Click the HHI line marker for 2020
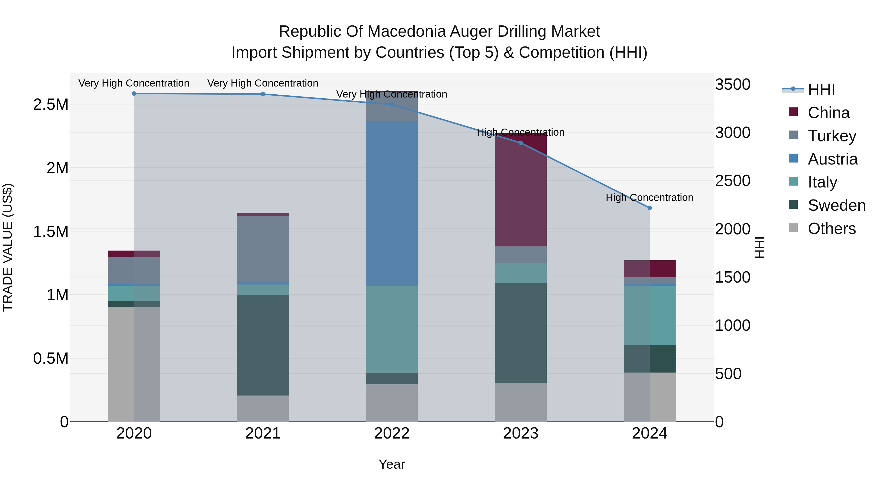coord(134,94)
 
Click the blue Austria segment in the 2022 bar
coord(392,203)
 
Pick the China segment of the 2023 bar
coord(521,191)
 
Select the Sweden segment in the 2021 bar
coord(263,345)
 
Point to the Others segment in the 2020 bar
coord(134,364)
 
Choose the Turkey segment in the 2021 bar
coord(263,248)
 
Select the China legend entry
coord(828,113)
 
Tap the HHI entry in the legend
coord(821,89)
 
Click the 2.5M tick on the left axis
coord(51,105)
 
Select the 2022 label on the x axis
coord(392,433)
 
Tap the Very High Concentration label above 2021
coord(263,83)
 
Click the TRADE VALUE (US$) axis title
coord(8,247)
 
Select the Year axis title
coord(392,464)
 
